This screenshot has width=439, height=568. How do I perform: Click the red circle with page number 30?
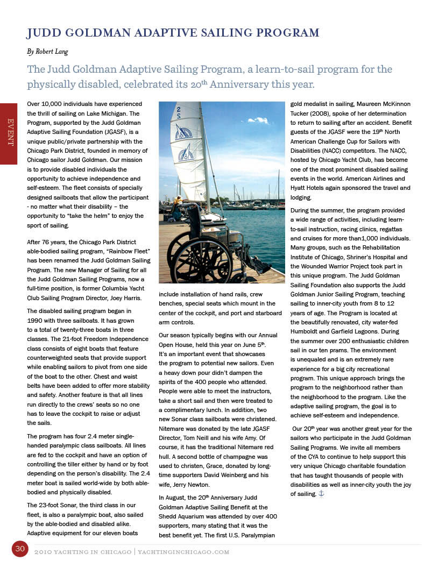(x=20, y=549)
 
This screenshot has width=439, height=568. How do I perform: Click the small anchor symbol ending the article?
(x=322, y=493)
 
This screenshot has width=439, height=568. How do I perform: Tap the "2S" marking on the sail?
(x=178, y=112)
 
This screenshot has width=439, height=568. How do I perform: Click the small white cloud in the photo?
(x=258, y=120)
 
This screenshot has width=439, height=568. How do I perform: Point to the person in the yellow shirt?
(x=178, y=201)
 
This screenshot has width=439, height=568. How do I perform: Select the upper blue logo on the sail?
(x=183, y=131)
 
